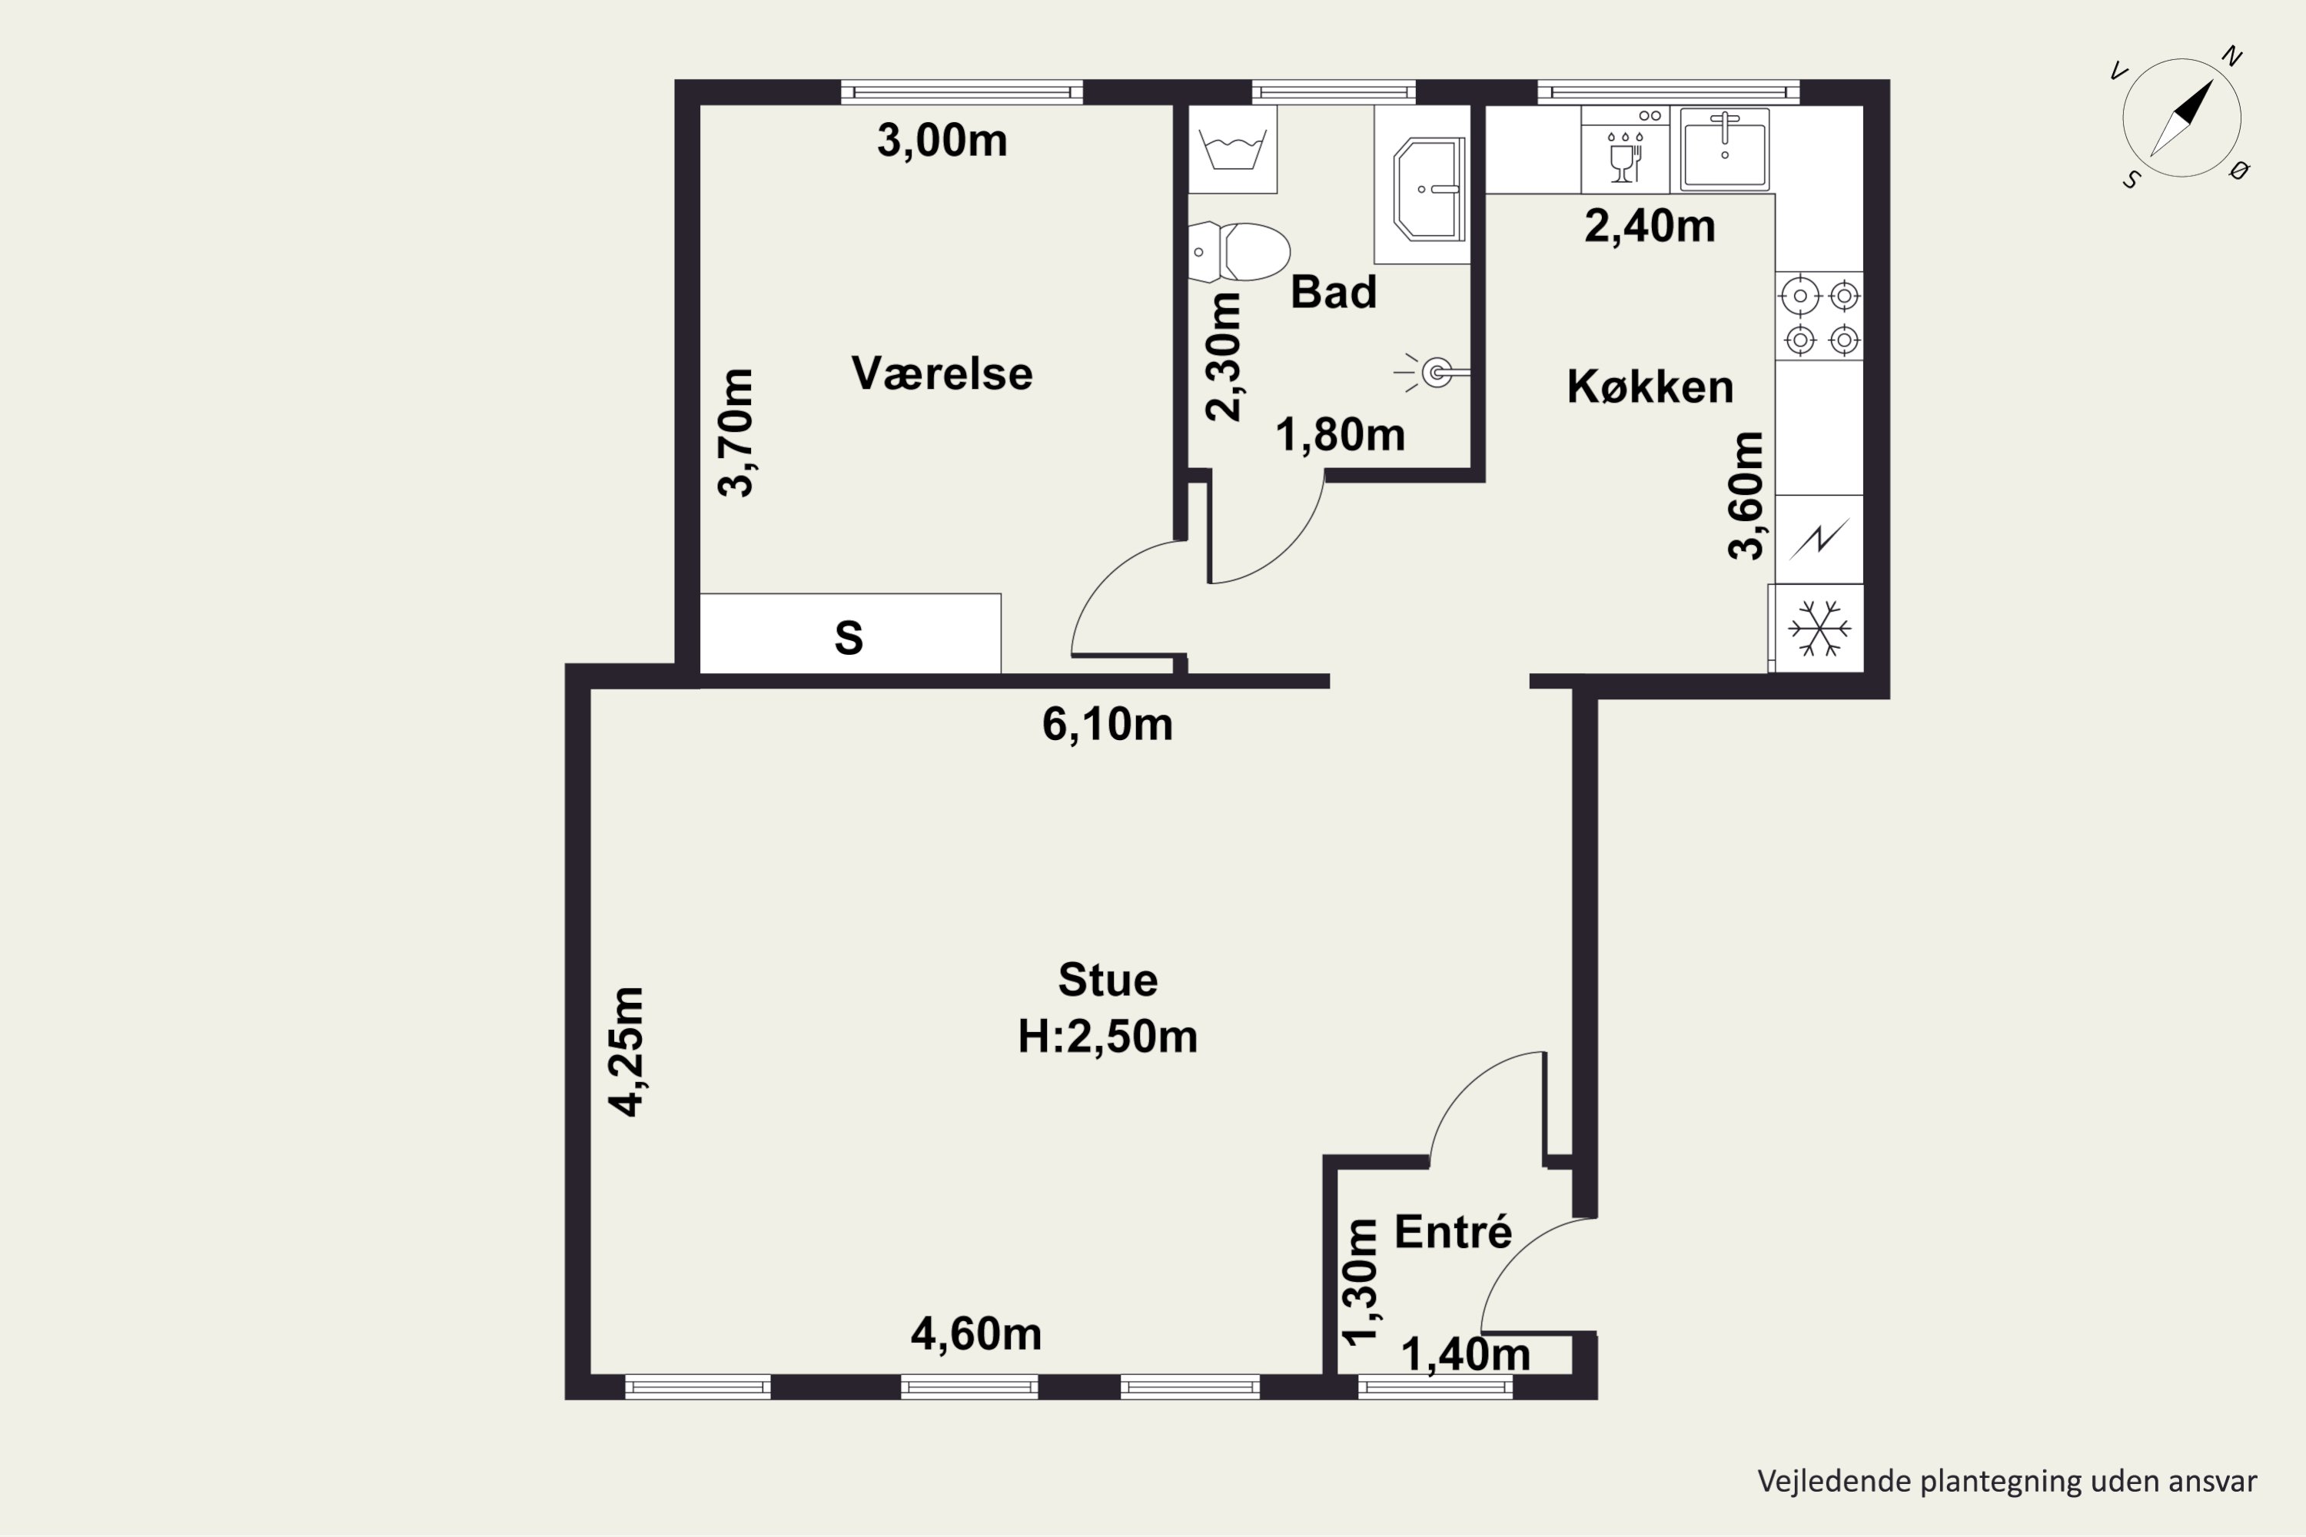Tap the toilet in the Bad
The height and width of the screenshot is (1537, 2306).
coord(1238,252)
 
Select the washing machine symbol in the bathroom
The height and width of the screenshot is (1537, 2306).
coord(1232,149)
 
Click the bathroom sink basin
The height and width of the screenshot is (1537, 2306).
coord(1428,189)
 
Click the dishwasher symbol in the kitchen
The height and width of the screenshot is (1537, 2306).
coord(1625,149)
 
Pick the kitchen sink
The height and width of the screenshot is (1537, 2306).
coord(1725,149)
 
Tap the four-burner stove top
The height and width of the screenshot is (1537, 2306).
coord(1819,316)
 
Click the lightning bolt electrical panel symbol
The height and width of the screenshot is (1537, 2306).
coord(1819,539)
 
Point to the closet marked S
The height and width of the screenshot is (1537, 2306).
coord(850,633)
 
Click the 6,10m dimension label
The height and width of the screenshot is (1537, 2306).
coord(1107,725)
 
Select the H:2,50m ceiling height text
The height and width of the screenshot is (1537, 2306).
coord(1107,1037)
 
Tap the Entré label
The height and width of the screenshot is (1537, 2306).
coord(1453,1231)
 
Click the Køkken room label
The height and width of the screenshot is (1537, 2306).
coord(1650,387)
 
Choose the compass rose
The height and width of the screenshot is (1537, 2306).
coord(2181,118)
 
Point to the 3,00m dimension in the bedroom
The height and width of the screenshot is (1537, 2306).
coord(941,140)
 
